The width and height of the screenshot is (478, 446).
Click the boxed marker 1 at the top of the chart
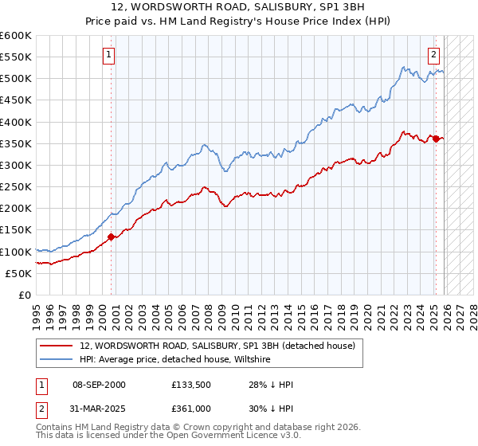tap(108, 55)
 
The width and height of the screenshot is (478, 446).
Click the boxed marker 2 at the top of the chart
tap(433, 55)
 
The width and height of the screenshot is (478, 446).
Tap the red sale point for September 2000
tap(111, 237)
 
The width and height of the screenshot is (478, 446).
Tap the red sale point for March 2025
tap(436, 139)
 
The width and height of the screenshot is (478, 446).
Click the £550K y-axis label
tap(16, 57)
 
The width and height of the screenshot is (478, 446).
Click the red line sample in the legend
tap(57, 346)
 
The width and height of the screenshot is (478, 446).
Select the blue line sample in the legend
tap(57, 360)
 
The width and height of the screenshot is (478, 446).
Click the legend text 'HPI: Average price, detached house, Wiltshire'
tap(175, 360)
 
